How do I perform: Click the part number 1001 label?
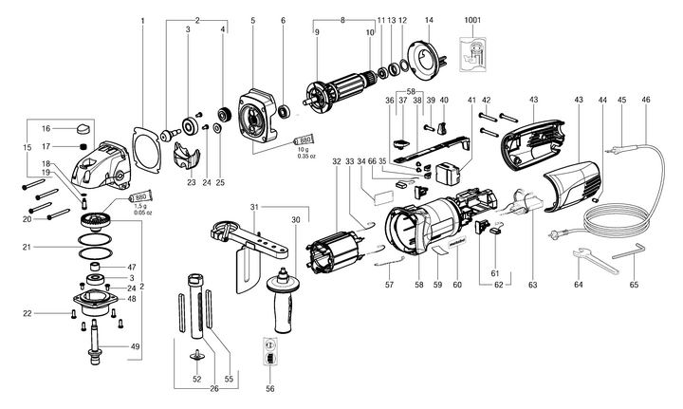click(x=471, y=20)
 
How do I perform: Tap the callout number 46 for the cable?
click(x=646, y=98)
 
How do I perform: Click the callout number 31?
click(x=253, y=208)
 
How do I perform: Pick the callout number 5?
click(x=253, y=20)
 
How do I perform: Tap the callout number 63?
click(x=532, y=284)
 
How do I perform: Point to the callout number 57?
click(x=389, y=283)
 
